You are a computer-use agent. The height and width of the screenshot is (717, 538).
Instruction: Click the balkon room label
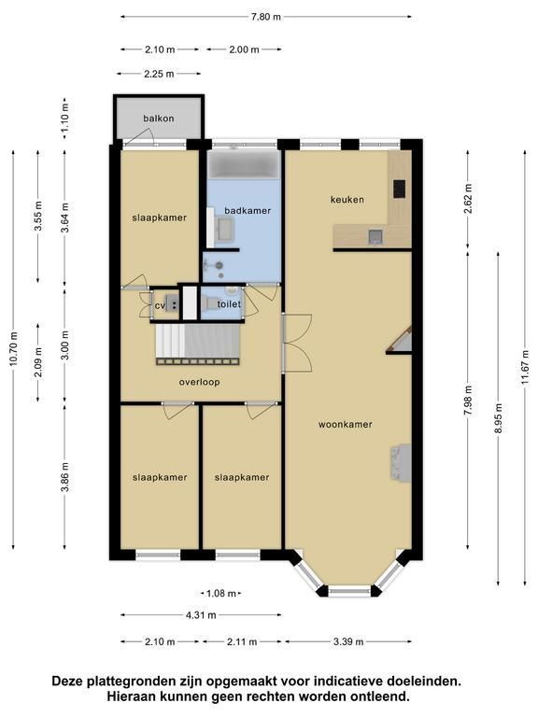click(158, 119)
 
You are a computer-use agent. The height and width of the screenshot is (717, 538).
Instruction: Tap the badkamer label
click(248, 211)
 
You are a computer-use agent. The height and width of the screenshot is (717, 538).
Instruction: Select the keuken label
click(347, 200)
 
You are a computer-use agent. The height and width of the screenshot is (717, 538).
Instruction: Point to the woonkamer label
click(346, 425)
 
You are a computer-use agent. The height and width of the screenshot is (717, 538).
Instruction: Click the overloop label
click(200, 382)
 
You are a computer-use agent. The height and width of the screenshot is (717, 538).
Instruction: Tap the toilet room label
click(229, 304)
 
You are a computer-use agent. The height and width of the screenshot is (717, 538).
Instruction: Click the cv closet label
click(160, 305)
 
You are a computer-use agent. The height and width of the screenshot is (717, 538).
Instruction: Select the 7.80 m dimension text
click(266, 17)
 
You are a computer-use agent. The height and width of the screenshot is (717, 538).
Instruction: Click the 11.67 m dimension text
click(525, 368)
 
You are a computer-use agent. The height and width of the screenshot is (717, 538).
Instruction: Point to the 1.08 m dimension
click(221, 594)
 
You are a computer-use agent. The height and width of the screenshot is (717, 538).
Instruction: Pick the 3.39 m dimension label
click(348, 641)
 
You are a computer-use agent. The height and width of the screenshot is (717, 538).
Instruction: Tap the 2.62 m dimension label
click(468, 199)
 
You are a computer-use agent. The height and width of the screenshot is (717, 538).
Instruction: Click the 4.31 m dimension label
click(201, 615)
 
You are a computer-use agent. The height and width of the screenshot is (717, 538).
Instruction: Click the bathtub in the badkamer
click(244, 164)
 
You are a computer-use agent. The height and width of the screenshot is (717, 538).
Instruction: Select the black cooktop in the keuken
click(400, 189)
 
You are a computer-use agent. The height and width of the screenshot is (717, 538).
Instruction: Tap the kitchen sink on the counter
click(375, 236)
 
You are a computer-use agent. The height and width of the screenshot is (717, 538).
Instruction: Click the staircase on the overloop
click(198, 344)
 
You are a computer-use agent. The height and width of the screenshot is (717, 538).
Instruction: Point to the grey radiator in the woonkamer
click(401, 462)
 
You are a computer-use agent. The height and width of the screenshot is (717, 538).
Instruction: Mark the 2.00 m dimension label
click(244, 49)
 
